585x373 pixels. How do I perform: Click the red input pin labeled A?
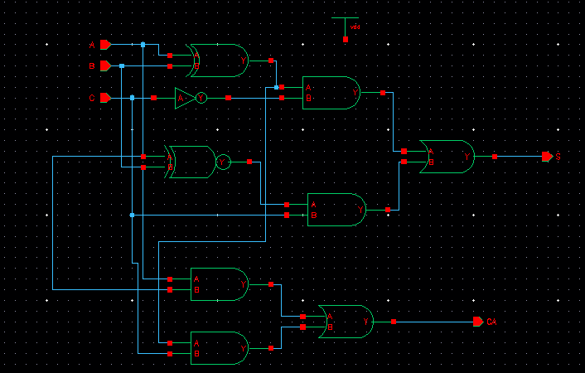pos(105,44)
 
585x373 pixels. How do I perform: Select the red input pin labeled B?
pos(105,65)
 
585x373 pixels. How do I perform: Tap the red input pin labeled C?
pos(105,98)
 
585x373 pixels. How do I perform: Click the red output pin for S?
pos(547,156)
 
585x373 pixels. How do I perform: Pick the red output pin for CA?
pos(478,321)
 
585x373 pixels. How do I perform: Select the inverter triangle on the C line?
pos(185,98)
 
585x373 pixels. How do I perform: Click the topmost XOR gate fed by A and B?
pos(218,61)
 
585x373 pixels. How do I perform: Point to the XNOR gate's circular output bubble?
pos(222,162)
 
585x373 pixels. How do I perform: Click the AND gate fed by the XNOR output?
pos(336,210)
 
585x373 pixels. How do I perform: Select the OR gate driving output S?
pos(447,156)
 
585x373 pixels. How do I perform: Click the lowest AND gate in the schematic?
pos(219,348)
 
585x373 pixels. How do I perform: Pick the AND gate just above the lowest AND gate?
pos(219,284)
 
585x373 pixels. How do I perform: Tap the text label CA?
pos(491,322)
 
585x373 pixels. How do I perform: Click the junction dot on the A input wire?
pos(143,44)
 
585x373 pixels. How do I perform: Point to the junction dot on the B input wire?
pos(122,65)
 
